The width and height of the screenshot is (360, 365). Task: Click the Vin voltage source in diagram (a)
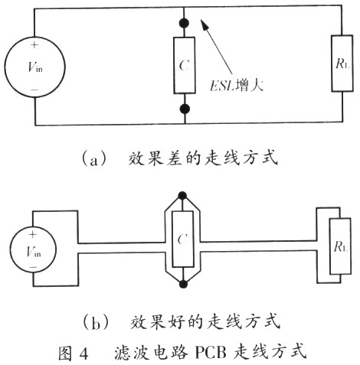tap(34, 67)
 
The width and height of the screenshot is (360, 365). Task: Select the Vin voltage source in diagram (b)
tap(33, 249)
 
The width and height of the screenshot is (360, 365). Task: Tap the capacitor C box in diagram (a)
tap(185, 65)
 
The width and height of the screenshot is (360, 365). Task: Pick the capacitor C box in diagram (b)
tap(183, 239)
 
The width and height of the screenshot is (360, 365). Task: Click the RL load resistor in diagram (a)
tap(342, 64)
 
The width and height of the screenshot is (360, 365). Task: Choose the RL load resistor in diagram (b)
tap(340, 246)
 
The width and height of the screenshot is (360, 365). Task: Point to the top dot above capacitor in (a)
tap(184, 23)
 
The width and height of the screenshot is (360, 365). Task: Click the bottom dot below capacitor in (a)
tap(185, 109)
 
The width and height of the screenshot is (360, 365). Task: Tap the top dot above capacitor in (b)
tap(182, 196)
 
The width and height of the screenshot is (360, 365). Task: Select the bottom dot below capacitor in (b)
tap(183, 284)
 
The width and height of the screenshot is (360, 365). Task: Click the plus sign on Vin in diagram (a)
tap(34, 45)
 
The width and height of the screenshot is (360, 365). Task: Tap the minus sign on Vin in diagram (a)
tap(34, 90)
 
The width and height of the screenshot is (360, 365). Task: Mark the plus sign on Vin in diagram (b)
tap(32, 234)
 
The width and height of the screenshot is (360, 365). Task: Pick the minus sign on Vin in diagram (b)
tap(33, 267)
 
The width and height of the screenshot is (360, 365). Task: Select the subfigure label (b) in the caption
tap(95, 323)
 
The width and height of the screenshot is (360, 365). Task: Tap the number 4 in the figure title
tap(83, 353)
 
